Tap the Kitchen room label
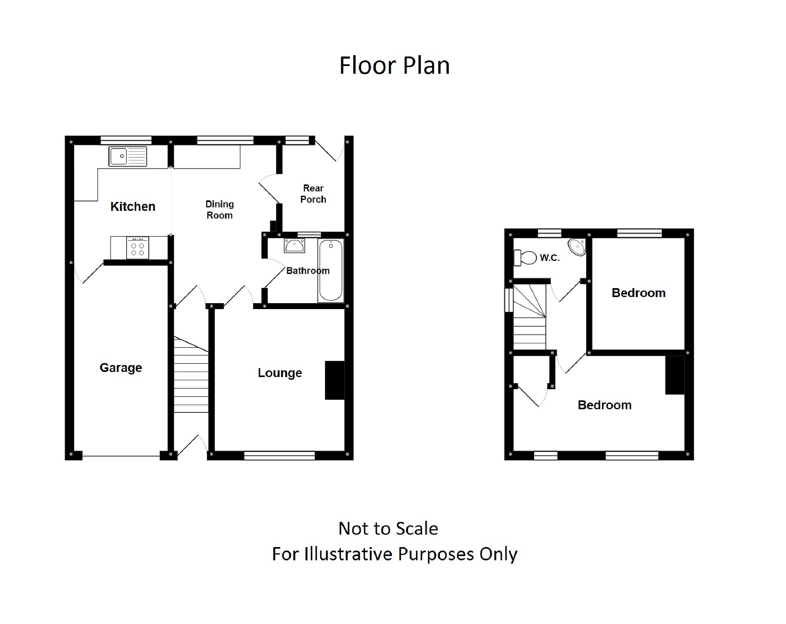point(133,207)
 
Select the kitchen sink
point(127,156)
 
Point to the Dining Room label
point(219,210)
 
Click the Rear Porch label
point(313,194)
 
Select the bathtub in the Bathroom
point(331,270)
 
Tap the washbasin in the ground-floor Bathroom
point(294,246)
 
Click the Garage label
point(121,367)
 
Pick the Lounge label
point(280,373)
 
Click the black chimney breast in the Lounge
point(335,380)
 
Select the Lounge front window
point(279,455)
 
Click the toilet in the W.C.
point(525,257)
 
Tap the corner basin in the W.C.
point(577,247)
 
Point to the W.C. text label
point(550,258)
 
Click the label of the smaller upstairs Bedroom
point(639,293)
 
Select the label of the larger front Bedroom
point(604,405)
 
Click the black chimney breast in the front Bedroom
point(675,375)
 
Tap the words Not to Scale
point(388,528)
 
